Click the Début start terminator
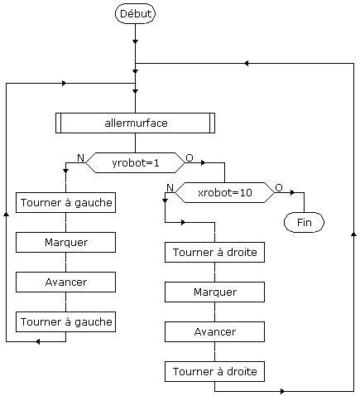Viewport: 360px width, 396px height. pyautogui.click(x=135, y=13)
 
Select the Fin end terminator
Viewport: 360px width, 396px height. pyautogui.click(x=304, y=222)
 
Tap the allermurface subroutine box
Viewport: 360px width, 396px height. pyautogui.click(x=135, y=123)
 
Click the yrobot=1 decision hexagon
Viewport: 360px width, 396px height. pyautogui.click(x=135, y=163)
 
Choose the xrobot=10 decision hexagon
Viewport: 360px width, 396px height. pyautogui.click(x=225, y=192)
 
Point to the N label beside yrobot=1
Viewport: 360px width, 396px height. pyautogui.click(x=80, y=158)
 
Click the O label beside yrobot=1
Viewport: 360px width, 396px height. pyautogui.click(x=190, y=158)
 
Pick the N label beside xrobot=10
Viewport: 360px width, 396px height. pyautogui.click(x=170, y=188)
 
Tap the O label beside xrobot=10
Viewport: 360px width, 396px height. pyautogui.click(x=279, y=188)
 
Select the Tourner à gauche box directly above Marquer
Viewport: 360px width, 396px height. pyautogui.click(x=65, y=202)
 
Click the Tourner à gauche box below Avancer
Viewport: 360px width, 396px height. pyautogui.click(x=65, y=321)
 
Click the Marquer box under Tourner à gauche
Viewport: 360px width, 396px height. pyautogui.click(x=65, y=242)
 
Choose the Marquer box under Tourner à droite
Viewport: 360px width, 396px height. pyautogui.click(x=214, y=292)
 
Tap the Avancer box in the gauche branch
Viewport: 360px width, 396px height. pyautogui.click(x=65, y=282)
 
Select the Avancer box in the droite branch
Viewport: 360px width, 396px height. pyautogui.click(x=214, y=331)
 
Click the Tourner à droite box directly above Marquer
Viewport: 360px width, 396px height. pyautogui.click(x=214, y=252)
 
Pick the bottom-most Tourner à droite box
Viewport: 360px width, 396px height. pyautogui.click(x=214, y=371)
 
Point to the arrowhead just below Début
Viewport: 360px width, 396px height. pyautogui.click(x=135, y=41)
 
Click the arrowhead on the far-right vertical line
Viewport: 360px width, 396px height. pyautogui.click(x=353, y=234)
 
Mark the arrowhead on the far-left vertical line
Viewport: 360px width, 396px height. pyautogui.click(x=6, y=215)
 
